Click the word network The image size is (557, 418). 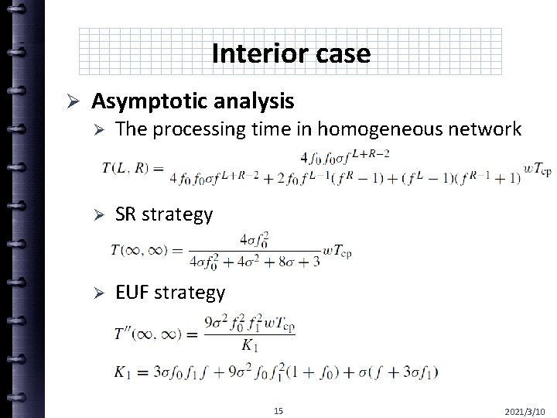click(485, 129)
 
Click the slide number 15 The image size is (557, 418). click(278, 410)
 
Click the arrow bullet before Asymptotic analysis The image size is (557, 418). click(68, 101)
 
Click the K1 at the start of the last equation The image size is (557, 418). click(124, 372)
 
